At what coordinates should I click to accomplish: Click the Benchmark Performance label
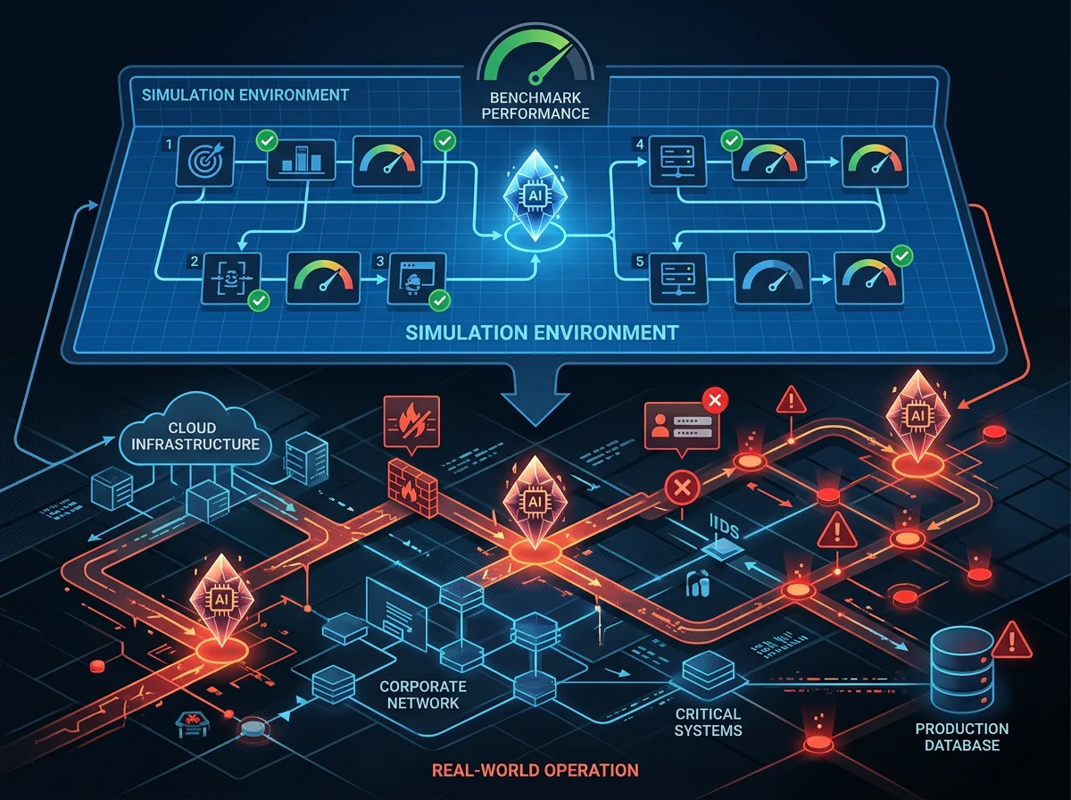coord(535,105)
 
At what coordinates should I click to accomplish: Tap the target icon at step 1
coord(205,161)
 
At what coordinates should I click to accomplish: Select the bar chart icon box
coord(301,160)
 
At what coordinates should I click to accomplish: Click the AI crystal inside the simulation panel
coord(535,196)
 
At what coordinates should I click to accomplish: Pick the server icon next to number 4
coord(677,161)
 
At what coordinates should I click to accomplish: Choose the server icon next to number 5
coord(678,279)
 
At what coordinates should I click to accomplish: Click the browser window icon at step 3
coord(417,279)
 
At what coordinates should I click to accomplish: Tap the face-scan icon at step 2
coord(231,279)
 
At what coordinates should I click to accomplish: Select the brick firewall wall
coord(413,487)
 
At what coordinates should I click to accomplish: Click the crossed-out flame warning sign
coord(411,422)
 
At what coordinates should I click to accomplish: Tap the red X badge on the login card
coord(715,400)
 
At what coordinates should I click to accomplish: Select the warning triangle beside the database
coord(1012,641)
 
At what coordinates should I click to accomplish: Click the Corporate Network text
coord(422,695)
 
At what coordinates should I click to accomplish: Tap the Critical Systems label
coord(708,722)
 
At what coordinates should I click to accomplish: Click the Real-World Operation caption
coord(535,771)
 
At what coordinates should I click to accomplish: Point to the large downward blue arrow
coord(535,396)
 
